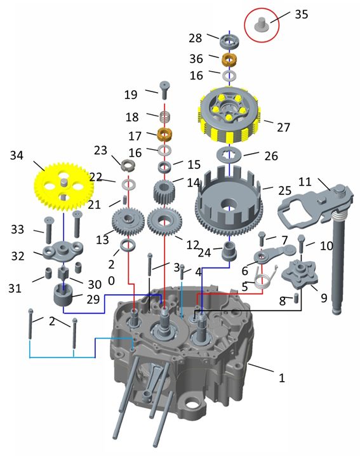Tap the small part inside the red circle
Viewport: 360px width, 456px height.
pyautogui.click(x=261, y=23)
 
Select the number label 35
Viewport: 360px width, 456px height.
pyautogui.click(x=301, y=14)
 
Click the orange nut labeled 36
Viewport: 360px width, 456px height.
pyautogui.click(x=229, y=60)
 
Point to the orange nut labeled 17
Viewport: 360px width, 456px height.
pyautogui.click(x=164, y=135)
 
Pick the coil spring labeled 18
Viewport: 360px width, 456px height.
pyautogui.click(x=165, y=117)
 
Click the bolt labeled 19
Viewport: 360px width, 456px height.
pyautogui.click(x=164, y=90)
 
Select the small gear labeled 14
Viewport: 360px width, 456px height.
pyautogui.click(x=163, y=192)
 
